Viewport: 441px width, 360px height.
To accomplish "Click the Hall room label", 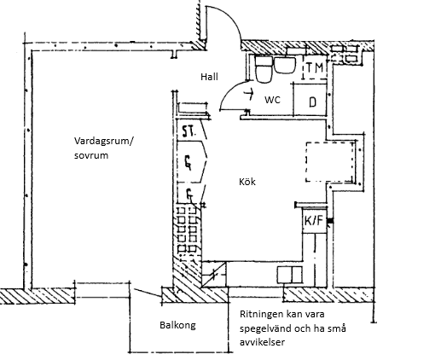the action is point(209,77).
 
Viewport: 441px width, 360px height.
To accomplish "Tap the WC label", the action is point(272,100).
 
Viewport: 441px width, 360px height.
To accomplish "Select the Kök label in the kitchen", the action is point(247,182).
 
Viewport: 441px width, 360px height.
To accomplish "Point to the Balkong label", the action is point(177,325).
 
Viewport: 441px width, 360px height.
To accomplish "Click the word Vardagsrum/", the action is point(103,141).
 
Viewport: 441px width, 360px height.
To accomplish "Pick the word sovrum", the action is point(91,155).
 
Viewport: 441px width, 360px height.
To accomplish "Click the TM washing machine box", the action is point(315,67).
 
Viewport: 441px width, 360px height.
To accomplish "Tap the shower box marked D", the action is point(310,100).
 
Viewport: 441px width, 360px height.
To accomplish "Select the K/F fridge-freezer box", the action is point(314,221).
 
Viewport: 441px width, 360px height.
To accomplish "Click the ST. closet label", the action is point(189,132).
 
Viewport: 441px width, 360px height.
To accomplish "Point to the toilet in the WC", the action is point(264,70).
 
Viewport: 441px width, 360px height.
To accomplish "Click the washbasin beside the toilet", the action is point(284,65).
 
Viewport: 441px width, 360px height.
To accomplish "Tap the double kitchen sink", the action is point(289,275).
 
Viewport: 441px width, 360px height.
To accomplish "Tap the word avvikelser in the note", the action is point(262,342).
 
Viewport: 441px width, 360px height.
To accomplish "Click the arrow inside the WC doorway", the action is point(249,94).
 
